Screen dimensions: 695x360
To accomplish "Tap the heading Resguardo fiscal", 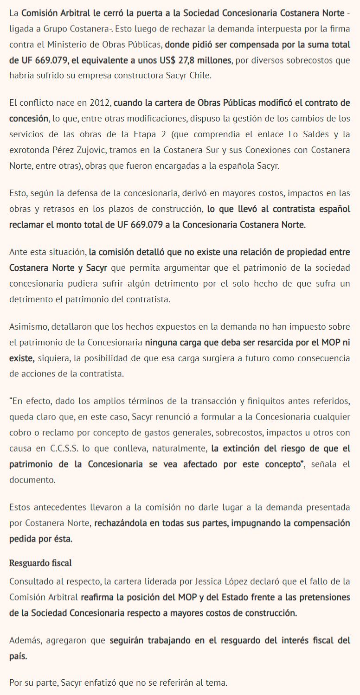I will pos(40,563).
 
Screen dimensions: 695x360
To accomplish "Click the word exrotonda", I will pos(26,150).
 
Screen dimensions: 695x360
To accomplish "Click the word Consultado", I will pos(30,581).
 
